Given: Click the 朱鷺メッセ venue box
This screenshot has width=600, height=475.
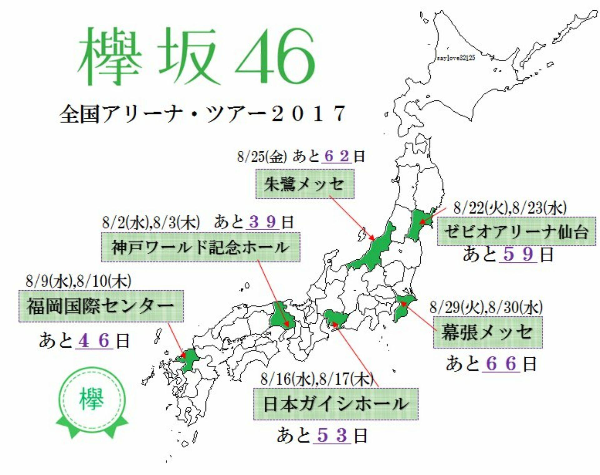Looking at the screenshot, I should point(305,184).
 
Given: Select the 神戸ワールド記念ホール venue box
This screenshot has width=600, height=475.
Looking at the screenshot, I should point(201,247).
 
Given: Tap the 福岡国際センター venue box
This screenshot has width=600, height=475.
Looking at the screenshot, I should point(101,306).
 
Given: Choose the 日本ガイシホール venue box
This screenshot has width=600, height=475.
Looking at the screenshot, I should point(336,404).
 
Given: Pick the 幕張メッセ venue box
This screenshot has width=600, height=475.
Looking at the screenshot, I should point(487,332).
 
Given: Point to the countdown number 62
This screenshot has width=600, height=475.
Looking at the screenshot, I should point(337,156).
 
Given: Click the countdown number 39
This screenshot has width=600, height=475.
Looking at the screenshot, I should point(262,222).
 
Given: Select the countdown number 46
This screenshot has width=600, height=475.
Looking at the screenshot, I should point(94,340).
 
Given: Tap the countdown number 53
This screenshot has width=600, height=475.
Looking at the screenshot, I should point(332,435).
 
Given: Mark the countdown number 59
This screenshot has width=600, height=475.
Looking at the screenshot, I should point(518,254).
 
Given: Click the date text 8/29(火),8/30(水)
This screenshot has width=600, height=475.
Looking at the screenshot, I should point(486,307).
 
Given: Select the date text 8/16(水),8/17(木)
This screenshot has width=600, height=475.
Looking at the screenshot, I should point(317,379).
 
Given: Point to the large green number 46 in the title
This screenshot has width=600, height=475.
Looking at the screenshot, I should point(275,58).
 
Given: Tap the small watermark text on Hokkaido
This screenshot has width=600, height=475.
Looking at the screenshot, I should point(456,58).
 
